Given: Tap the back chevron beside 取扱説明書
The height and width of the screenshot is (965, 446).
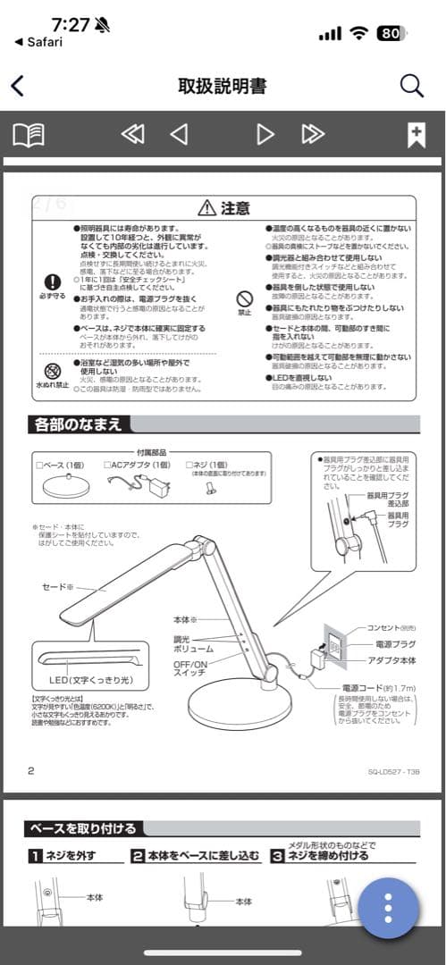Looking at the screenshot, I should (x=17, y=86).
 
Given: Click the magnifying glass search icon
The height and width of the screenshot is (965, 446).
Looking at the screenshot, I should (x=411, y=86).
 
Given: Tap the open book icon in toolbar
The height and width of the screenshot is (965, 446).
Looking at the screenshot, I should (x=29, y=135).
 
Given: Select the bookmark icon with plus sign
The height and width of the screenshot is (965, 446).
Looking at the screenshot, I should (x=416, y=135).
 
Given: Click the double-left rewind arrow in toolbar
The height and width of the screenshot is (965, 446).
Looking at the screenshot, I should (x=132, y=135).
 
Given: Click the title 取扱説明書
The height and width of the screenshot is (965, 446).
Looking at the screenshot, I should (x=222, y=86).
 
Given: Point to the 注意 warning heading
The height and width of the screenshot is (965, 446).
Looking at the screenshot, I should (x=223, y=208).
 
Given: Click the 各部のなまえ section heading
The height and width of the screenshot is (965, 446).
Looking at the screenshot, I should (x=77, y=424).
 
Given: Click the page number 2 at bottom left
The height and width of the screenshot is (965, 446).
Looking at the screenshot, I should (x=31, y=770).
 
